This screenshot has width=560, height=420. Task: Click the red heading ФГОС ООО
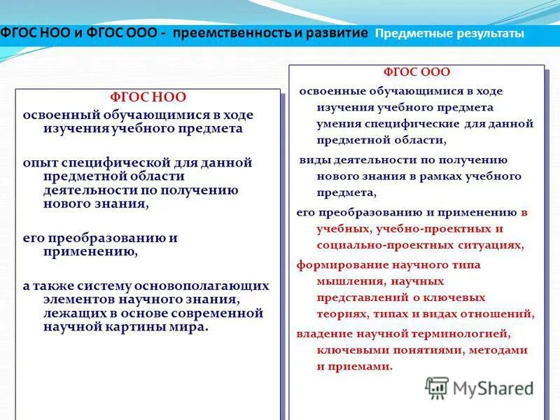coord(416,72)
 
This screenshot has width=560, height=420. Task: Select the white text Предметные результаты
coord(449,34)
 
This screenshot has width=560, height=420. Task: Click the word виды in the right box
coord(313,160)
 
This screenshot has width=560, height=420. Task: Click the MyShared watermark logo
coord(480,388)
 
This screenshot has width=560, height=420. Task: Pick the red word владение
coord(324,333)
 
